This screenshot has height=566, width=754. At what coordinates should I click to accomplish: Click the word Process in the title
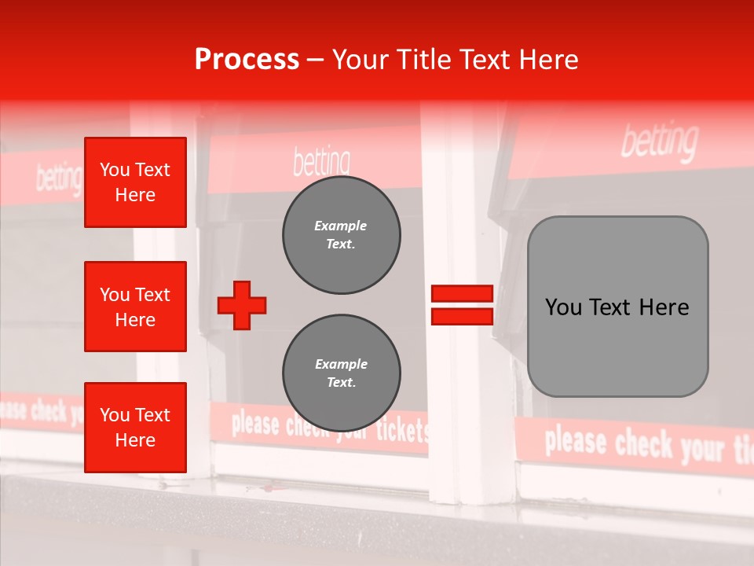[247, 60]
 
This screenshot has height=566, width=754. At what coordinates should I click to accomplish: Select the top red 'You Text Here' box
[135, 182]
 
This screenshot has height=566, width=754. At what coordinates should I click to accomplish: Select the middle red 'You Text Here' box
[135, 307]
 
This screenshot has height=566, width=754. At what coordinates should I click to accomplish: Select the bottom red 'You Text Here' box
[135, 428]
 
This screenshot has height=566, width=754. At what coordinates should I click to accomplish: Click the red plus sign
[242, 305]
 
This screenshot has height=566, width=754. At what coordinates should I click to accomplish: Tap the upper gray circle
[341, 235]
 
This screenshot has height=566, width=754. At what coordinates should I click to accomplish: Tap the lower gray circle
[341, 373]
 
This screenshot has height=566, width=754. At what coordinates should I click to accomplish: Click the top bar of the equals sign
[463, 294]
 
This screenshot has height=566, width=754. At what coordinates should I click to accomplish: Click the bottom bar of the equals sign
[463, 316]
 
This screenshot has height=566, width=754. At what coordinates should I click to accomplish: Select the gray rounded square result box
[617, 307]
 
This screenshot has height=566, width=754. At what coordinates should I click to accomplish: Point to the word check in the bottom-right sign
[644, 445]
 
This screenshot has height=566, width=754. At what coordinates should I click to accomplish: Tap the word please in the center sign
[255, 424]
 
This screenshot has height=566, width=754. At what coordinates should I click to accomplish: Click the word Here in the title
[547, 60]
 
